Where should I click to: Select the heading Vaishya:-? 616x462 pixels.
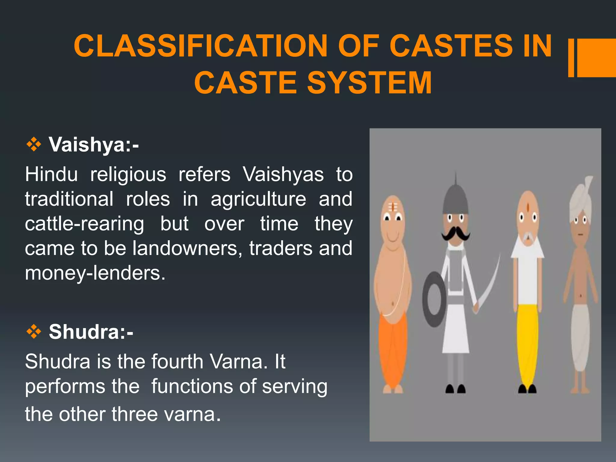pyautogui.click(x=94, y=145)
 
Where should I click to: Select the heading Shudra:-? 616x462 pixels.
pyautogui.click(x=91, y=332)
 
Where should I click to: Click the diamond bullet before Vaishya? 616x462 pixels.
pyautogui.click(x=34, y=145)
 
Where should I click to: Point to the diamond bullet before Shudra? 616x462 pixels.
pyautogui.click(x=34, y=332)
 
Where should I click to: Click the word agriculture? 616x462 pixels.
pyautogui.click(x=258, y=199)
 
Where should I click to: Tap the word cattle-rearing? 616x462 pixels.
pyautogui.click(x=85, y=224)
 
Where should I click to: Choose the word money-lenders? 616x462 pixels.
pyautogui.click(x=95, y=273)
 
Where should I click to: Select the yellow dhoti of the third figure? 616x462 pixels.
pyautogui.click(x=528, y=343)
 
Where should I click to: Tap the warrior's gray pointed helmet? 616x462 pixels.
pyautogui.click(x=455, y=197)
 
